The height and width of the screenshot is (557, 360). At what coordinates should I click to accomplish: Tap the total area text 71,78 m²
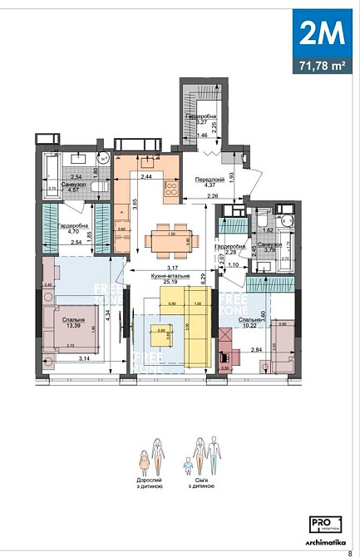pyautogui.click(x=318, y=64)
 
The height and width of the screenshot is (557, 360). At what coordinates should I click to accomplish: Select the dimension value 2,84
pyautogui.click(x=256, y=351)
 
